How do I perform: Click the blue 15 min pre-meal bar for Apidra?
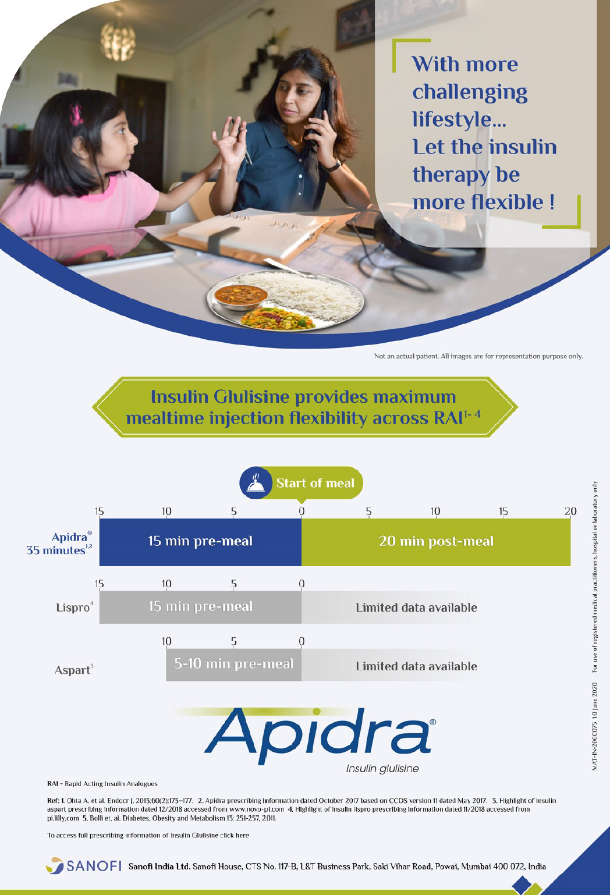(200, 542)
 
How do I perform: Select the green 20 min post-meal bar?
(436, 542)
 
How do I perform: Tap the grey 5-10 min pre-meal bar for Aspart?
(234, 665)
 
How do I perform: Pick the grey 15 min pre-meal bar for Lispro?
(200, 607)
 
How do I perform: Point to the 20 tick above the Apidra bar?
(570, 511)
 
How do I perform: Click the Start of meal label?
(315, 483)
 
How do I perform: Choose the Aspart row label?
(74, 669)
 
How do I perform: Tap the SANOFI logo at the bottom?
(84, 865)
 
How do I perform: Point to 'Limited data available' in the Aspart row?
(417, 666)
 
